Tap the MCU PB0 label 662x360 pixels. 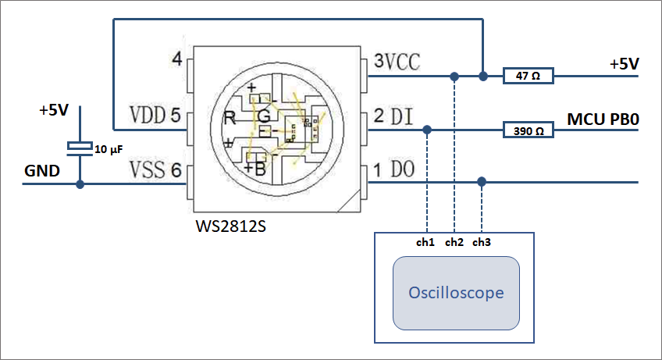(x=603, y=119)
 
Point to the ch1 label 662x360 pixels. (x=425, y=242)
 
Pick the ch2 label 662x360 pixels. (x=454, y=242)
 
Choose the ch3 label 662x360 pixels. (x=482, y=242)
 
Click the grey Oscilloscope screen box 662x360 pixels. (x=456, y=293)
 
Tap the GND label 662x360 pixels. (x=42, y=170)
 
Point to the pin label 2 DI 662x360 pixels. (x=393, y=116)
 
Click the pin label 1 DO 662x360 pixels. (x=393, y=169)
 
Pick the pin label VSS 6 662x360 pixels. (x=155, y=169)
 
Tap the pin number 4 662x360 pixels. (x=176, y=60)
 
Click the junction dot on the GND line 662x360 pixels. (x=80, y=184)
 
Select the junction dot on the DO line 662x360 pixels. (x=482, y=181)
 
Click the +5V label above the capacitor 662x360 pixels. (x=54, y=110)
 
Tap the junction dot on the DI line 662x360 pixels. (x=426, y=130)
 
